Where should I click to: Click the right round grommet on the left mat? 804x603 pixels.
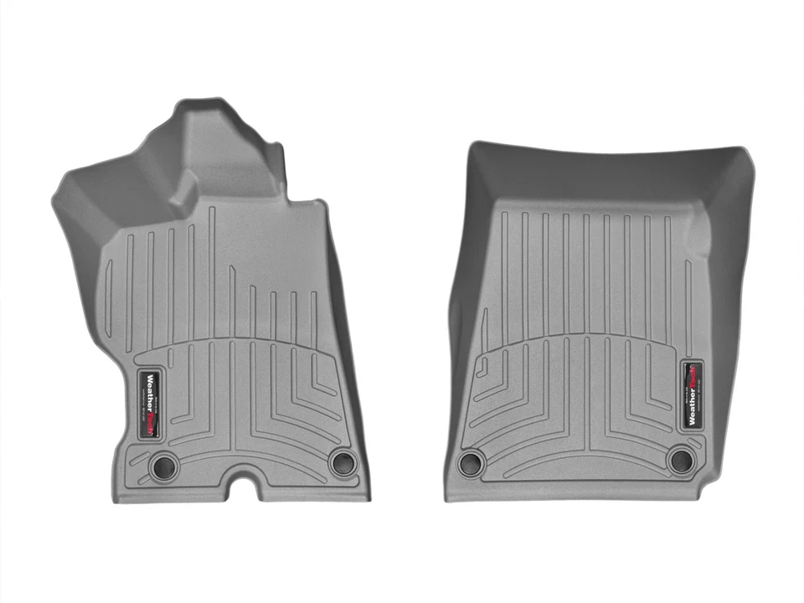[x=342, y=461]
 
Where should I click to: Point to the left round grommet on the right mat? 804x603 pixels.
[x=471, y=461]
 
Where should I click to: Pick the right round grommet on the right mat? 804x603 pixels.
[x=681, y=459]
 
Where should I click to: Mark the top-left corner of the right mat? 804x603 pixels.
[x=472, y=146]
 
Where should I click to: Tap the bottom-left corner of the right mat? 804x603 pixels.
[x=447, y=498]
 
